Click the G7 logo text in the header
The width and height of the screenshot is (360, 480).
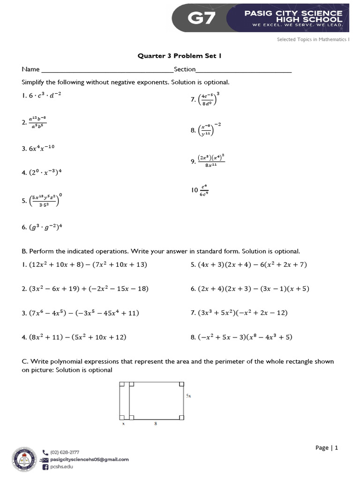click(202, 18)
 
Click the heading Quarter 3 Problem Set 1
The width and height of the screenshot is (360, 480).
click(179, 56)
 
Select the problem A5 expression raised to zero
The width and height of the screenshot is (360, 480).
click(45, 201)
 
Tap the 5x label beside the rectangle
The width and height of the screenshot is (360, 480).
click(188, 396)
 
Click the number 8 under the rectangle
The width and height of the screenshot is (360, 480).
click(155, 423)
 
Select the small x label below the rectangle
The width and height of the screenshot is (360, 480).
click(123, 423)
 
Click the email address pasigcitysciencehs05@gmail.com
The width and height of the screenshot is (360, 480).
click(89, 460)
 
